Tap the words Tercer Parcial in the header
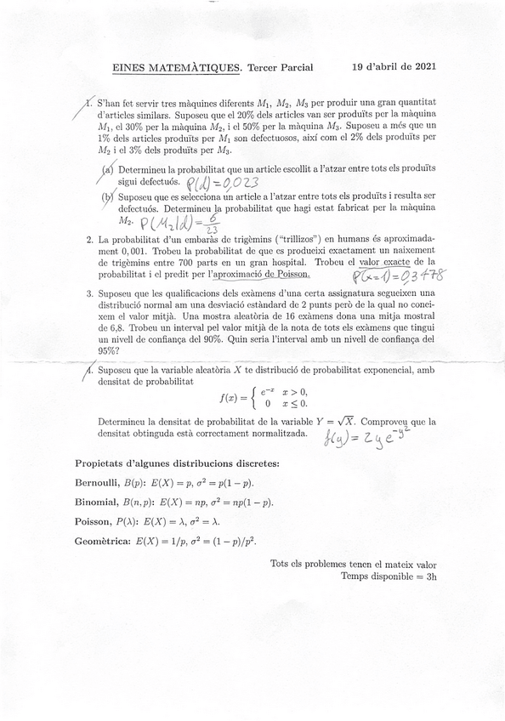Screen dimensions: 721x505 (280, 67)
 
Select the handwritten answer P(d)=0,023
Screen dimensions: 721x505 (220, 183)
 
